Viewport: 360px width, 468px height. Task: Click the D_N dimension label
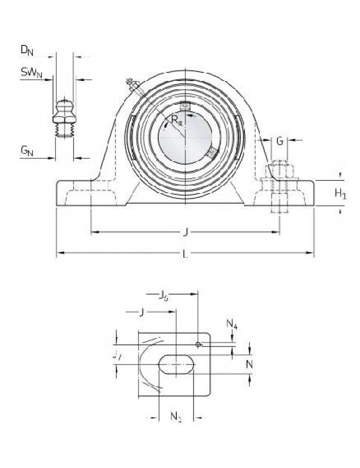27,50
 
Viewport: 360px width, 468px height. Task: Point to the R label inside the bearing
176,121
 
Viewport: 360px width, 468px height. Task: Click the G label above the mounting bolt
280,141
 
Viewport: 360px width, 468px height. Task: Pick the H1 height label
341,194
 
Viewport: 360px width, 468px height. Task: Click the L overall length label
185,254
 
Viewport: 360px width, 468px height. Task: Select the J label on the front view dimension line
185,233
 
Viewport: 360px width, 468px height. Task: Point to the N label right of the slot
249,364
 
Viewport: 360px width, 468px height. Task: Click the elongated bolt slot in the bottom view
176,365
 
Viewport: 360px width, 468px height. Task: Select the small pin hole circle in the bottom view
198,345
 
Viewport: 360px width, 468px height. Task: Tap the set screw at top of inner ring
185,106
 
